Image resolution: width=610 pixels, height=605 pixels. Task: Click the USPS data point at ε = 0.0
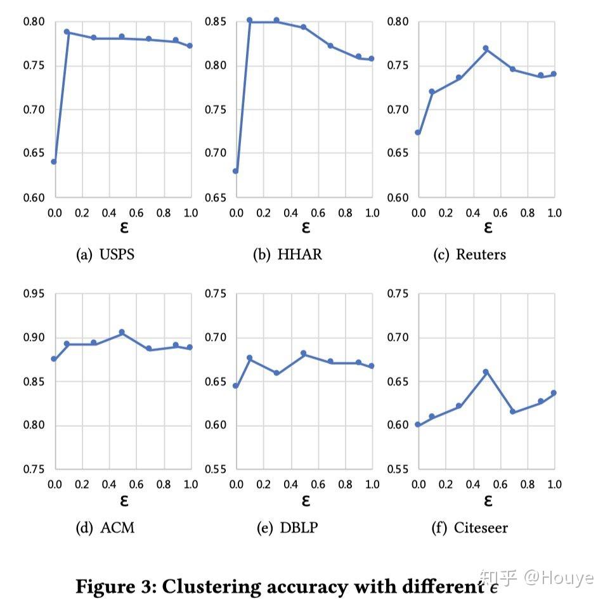(54, 162)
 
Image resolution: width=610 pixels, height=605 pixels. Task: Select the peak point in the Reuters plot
(486, 48)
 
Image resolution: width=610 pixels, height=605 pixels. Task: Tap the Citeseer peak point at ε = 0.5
(486, 372)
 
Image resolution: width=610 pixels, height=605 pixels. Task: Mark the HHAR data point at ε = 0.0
(236, 171)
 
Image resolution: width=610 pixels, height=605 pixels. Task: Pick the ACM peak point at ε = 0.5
(122, 332)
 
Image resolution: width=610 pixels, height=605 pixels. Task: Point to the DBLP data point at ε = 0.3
(276, 373)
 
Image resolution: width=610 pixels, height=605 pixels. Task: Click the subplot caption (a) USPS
(105, 255)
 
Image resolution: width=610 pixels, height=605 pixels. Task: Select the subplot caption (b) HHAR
(287, 255)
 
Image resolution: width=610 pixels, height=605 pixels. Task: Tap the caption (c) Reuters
(469, 255)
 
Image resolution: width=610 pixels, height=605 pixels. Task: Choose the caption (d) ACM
(105, 528)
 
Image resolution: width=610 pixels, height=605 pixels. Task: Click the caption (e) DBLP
(287, 528)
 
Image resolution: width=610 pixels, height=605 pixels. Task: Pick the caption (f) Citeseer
(470, 528)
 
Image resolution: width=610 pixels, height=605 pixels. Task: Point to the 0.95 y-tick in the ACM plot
(34, 294)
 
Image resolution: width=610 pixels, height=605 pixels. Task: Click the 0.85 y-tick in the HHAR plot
(217, 22)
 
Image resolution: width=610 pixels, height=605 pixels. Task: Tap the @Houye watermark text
(559, 578)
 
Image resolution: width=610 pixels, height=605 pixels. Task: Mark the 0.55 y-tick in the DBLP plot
(217, 469)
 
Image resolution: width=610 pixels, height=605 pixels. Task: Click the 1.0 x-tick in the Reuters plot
(554, 213)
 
